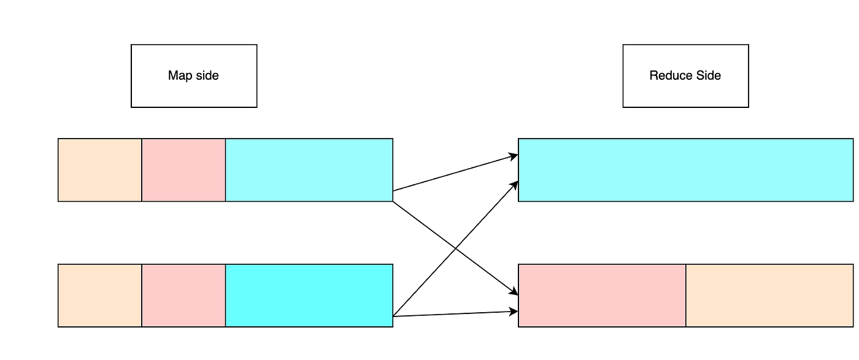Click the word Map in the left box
[179, 76]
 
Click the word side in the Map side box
[206, 76]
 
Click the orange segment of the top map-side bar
[100, 170]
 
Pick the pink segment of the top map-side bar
[183, 170]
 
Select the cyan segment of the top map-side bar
[309, 170]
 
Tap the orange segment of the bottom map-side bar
[100, 296]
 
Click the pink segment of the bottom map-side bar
[183, 296]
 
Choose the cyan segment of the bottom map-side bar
[309, 296]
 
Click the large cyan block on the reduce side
[685, 170]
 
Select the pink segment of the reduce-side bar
[602, 296]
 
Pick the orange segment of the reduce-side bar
[769, 296]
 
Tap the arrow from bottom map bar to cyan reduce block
[429, 273]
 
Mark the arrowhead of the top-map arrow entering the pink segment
[515, 293]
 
